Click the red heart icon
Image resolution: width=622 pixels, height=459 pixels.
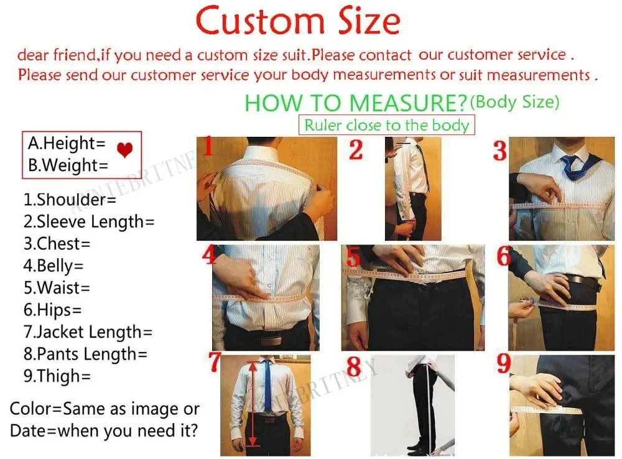point(125,150)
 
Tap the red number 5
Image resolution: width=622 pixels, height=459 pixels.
point(353,257)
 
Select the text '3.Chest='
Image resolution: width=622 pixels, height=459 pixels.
point(57,243)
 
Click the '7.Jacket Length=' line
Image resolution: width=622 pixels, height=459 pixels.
point(88,332)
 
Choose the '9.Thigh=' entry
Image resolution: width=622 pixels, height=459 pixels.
point(57,376)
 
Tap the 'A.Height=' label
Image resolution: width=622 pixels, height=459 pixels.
point(67,144)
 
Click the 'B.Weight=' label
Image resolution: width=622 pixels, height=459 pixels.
point(68,165)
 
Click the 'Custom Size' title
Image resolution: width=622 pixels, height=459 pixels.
point(298,22)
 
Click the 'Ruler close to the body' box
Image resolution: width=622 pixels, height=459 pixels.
point(386,125)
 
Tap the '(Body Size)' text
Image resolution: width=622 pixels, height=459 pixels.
point(515,101)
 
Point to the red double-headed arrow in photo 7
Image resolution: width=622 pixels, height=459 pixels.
point(252,404)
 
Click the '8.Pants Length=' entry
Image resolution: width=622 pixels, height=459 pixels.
point(85,354)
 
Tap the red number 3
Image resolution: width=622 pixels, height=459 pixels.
point(501,151)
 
